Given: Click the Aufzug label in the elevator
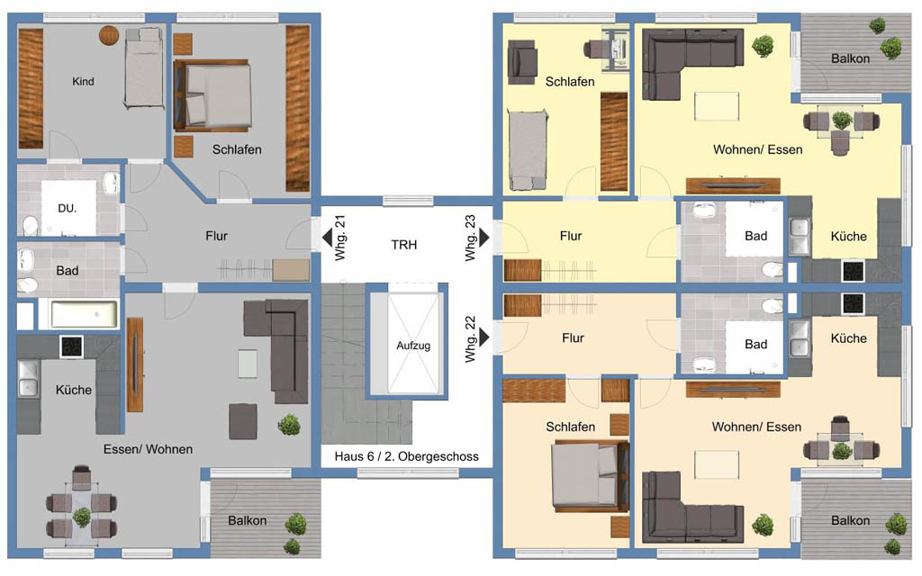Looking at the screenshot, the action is [x=412, y=346].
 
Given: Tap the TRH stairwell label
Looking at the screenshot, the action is [x=404, y=245].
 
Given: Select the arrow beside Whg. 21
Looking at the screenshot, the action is [x=327, y=238].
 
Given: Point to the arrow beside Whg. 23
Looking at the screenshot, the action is [x=484, y=238].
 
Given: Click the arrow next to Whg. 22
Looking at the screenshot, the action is [x=484, y=337].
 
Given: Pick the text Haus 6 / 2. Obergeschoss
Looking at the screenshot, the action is [x=406, y=456].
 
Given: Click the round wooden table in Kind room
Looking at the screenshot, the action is [x=109, y=35].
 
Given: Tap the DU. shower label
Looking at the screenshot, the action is [x=67, y=208].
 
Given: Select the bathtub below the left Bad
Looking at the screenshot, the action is [x=85, y=314].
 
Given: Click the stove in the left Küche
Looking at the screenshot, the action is [x=71, y=346].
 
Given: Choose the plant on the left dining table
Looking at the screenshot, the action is [x=82, y=517].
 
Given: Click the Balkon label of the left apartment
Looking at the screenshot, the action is [x=247, y=520].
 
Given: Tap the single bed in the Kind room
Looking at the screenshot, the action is [x=144, y=67].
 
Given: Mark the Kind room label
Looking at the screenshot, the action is [x=83, y=81].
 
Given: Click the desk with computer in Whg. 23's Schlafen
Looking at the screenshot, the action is [x=609, y=49].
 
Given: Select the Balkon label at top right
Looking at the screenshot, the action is [x=850, y=58].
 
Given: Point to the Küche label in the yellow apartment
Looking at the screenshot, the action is [x=848, y=237].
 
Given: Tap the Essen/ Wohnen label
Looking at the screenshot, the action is [x=149, y=449].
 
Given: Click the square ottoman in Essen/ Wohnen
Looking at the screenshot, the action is [x=243, y=421].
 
